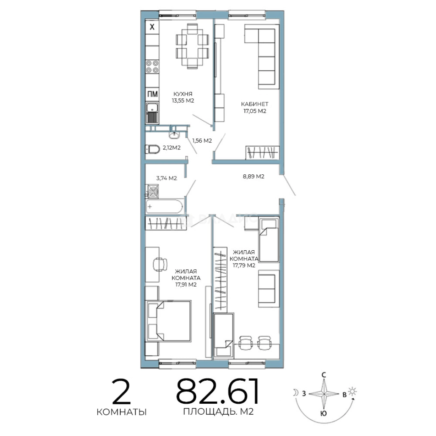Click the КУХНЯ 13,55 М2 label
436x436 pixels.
(183, 97)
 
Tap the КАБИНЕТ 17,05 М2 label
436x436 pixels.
(255, 108)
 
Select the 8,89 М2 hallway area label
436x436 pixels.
(253, 176)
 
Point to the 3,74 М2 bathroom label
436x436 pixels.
(166, 178)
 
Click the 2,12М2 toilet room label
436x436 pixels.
(172, 148)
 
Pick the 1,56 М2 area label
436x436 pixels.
(202, 141)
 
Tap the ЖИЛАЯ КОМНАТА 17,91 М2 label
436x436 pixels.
(186, 278)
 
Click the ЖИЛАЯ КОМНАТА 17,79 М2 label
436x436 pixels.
(244, 259)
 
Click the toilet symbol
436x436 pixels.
(152, 149)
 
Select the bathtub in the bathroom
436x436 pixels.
(164, 207)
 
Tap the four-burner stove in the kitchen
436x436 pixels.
(152, 67)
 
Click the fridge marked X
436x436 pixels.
(152, 27)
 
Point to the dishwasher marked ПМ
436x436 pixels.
(152, 94)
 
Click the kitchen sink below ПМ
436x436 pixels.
(152, 113)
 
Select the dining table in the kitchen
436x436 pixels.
(192, 46)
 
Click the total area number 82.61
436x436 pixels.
(218, 391)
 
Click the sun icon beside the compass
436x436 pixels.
(352, 391)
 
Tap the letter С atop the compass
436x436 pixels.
(324, 375)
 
